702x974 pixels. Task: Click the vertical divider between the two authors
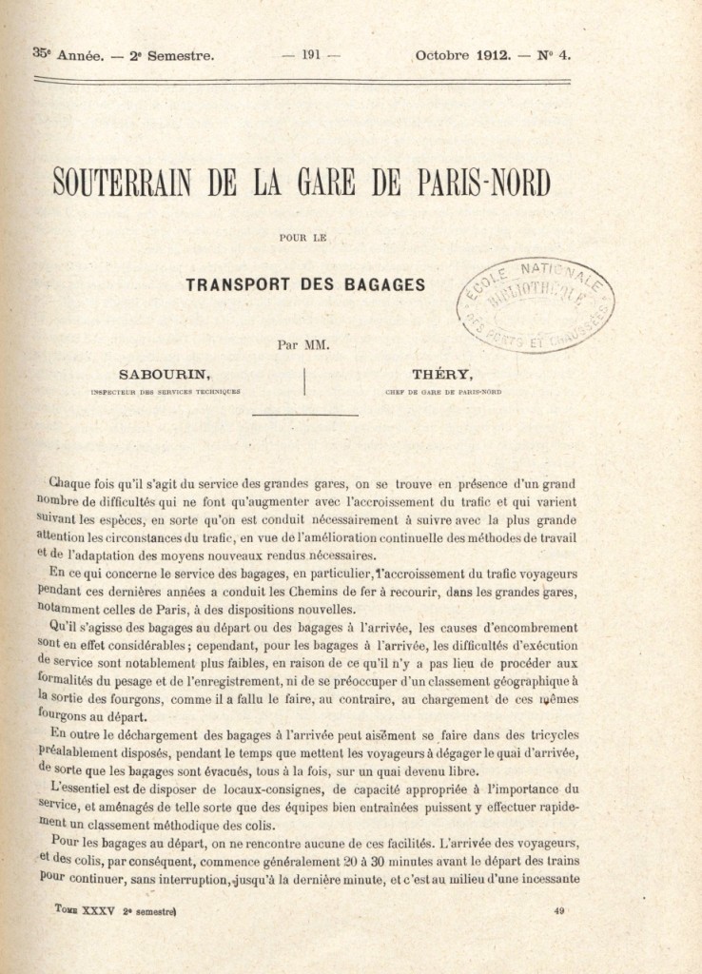click(x=304, y=380)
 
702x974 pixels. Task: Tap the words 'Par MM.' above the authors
click(x=303, y=345)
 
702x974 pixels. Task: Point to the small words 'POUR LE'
click(x=304, y=237)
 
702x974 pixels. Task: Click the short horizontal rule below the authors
click(x=304, y=415)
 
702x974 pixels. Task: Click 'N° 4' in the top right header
click(x=555, y=55)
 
